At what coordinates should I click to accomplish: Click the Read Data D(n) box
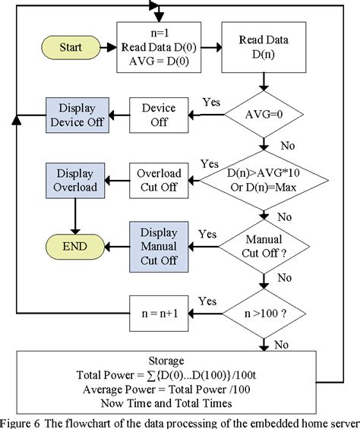[262, 46]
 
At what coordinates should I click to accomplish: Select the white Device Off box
[159, 116]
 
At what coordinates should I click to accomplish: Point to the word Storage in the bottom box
[180, 362]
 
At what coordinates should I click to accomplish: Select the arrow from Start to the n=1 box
[108, 48]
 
